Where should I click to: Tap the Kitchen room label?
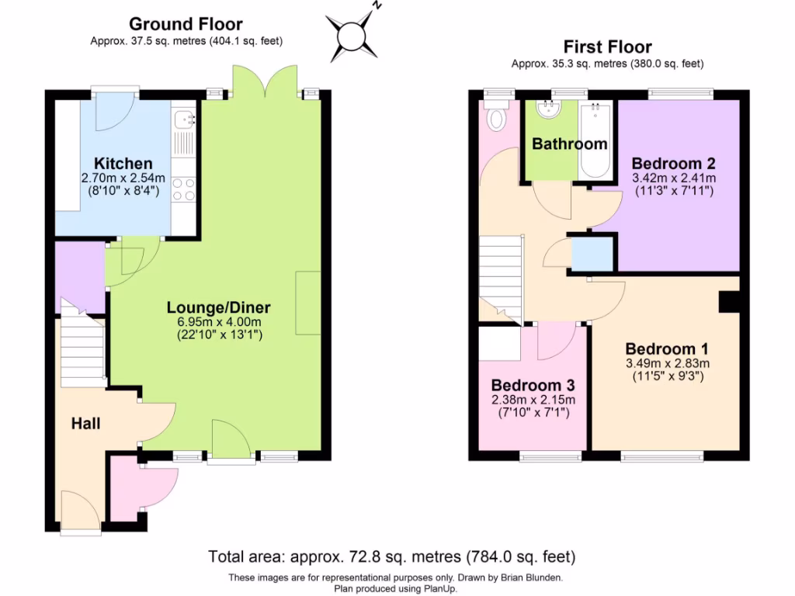(123, 164)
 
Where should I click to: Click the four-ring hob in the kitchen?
(184, 189)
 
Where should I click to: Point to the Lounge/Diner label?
(219, 307)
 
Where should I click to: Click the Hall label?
(85, 423)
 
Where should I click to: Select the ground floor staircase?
(82, 349)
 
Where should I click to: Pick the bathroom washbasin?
(550, 110)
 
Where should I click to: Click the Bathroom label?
(569, 144)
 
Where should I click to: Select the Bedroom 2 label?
(672, 164)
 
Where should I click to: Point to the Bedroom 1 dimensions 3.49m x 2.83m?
(668, 362)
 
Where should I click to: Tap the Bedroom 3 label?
(526, 386)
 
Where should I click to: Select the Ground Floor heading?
(186, 25)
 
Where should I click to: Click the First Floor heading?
(607, 47)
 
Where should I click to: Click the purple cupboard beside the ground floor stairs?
(80, 277)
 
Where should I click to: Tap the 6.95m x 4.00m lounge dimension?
(219, 322)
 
